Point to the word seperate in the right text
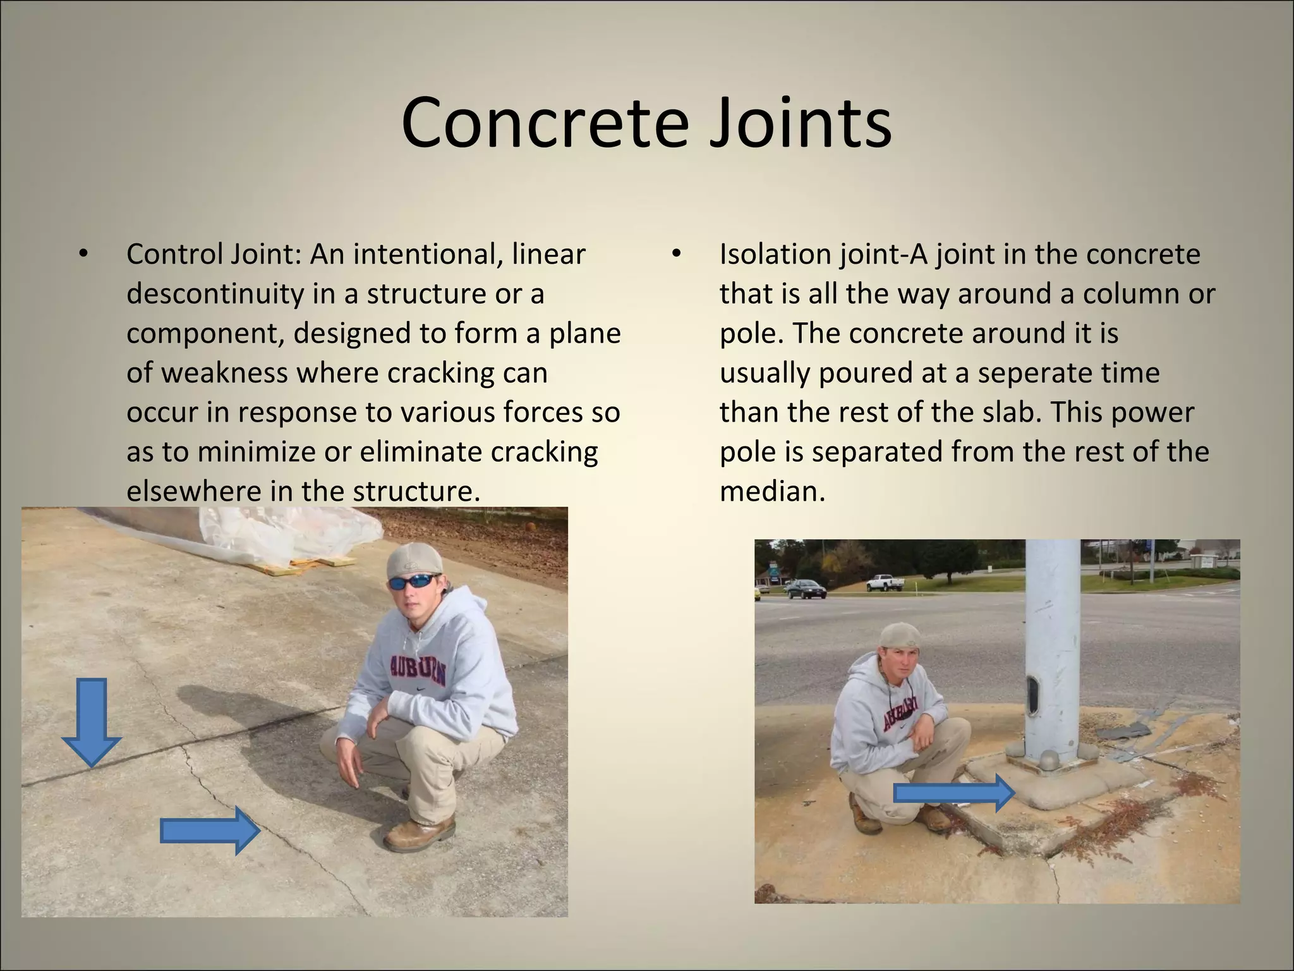[1068, 372]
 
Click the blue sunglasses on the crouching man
[414, 582]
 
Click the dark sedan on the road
[802, 589]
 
